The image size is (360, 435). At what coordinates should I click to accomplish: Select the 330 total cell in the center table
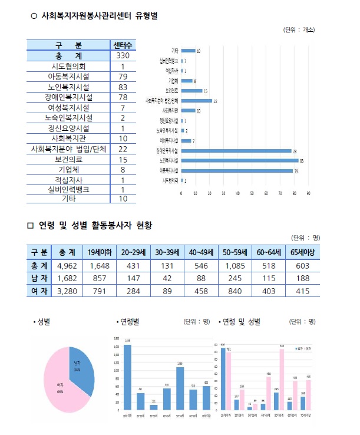123,56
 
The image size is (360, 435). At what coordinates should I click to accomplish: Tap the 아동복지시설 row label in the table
69,77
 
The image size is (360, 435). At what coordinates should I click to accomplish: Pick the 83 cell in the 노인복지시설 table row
123,87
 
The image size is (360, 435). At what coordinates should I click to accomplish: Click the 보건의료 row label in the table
69,159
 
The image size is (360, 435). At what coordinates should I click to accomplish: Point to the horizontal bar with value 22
197,101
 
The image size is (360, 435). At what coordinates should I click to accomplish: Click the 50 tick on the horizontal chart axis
252,193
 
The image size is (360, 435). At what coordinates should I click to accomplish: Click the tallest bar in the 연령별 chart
127,377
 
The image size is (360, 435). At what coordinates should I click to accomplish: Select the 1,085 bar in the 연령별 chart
179,388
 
